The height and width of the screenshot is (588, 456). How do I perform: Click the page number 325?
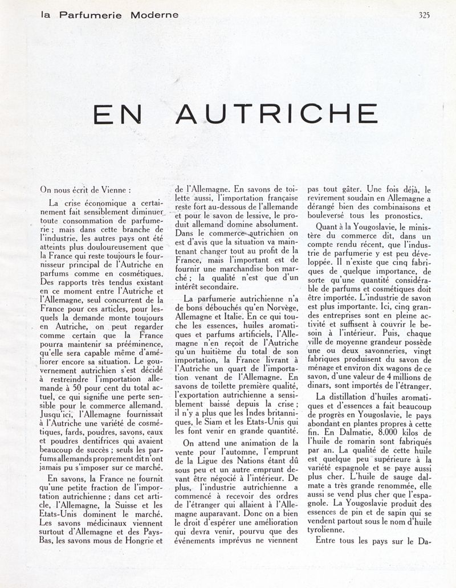424,15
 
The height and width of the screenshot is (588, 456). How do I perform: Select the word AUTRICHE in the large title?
276,114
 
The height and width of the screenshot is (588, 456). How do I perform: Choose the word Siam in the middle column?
217,422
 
